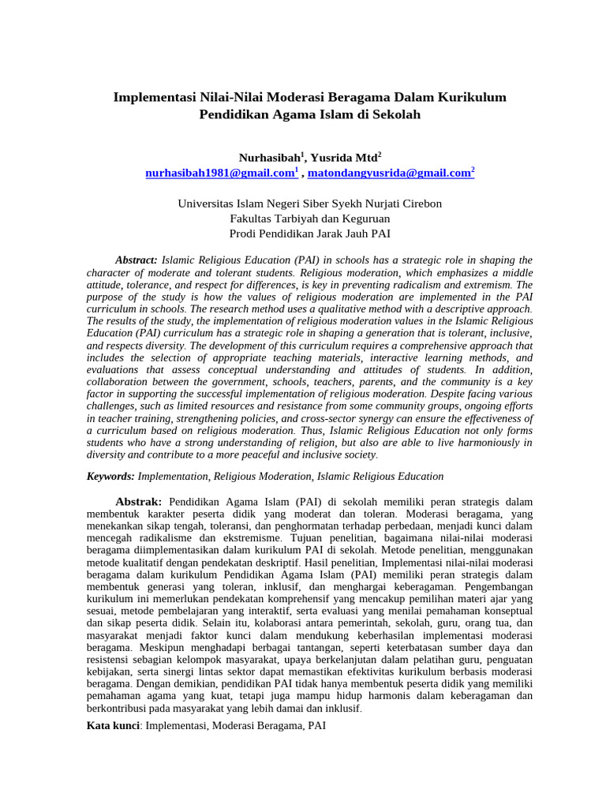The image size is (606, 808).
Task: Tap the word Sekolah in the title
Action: (395, 114)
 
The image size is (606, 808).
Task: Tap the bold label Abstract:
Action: (137, 260)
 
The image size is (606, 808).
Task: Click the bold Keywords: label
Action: (110, 477)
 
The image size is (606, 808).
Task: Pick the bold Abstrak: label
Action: (139, 502)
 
